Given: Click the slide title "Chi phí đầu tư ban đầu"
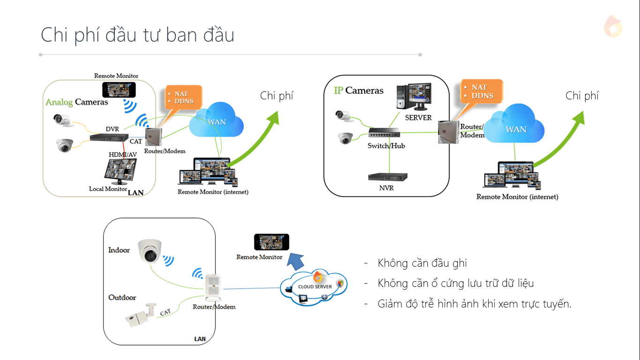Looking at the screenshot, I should point(137,35).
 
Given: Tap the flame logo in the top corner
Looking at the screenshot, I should point(613,26).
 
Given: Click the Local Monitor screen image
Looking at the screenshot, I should point(120,170).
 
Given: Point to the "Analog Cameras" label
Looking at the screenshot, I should point(77,102).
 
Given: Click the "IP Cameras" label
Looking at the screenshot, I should point(358,91).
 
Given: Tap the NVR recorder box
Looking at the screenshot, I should point(387,177).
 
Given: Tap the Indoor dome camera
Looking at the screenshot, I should point(150,252).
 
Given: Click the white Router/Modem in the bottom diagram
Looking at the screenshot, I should point(214,287).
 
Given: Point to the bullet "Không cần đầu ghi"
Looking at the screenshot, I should point(422,263).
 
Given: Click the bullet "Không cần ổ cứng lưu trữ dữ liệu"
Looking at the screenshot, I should point(455,284).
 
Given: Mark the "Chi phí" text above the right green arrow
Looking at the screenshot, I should point(582,96).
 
